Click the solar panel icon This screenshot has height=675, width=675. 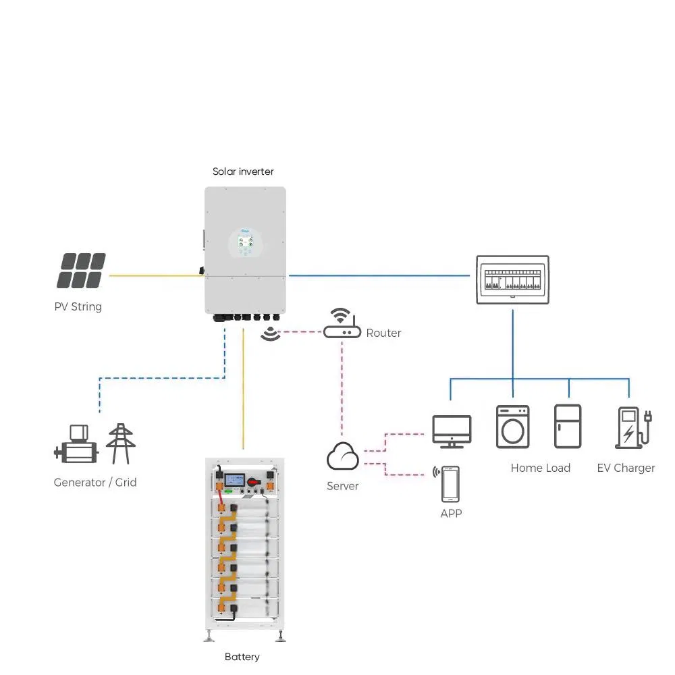pyautogui.click(x=81, y=270)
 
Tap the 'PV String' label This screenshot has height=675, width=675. pyautogui.click(x=78, y=306)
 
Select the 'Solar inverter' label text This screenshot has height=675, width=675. pyautogui.click(x=243, y=171)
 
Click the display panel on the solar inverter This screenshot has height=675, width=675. pyautogui.click(x=246, y=242)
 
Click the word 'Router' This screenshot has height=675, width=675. pyautogui.click(x=383, y=333)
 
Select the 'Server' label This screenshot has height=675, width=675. pyautogui.click(x=342, y=486)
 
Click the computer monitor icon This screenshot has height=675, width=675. pyautogui.click(x=452, y=431)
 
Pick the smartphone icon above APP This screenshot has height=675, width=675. pyautogui.click(x=450, y=484)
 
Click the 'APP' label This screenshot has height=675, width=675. pyautogui.click(x=450, y=514)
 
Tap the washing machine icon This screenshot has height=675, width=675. pyautogui.click(x=512, y=427)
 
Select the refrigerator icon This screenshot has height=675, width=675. pyautogui.click(x=567, y=427)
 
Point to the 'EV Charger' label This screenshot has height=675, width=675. pyautogui.click(x=626, y=468)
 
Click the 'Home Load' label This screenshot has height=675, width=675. pyautogui.click(x=540, y=468)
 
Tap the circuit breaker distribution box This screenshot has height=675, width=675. pyautogui.click(x=512, y=280)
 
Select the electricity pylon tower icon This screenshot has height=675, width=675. pyautogui.click(x=122, y=443)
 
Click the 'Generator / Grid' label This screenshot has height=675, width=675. pyautogui.click(x=95, y=482)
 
